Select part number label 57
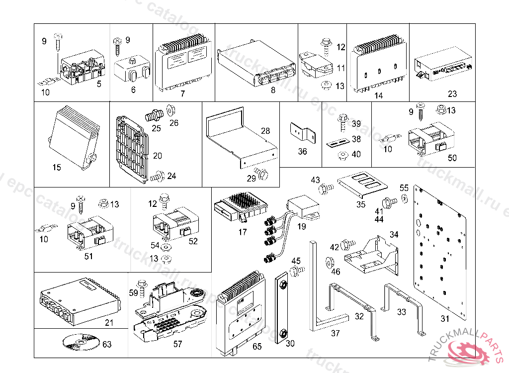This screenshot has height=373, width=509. click(177, 344)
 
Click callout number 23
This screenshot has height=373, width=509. click(452, 93)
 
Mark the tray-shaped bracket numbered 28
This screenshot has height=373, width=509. click(241, 137)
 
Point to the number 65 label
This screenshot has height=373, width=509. click(257, 346)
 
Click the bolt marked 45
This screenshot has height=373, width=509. click(298, 270)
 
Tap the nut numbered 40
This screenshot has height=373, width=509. click(342, 156)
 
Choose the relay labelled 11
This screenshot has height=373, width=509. click(313, 65)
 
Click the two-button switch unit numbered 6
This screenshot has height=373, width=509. click(133, 70)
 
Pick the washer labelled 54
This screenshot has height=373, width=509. click(167, 247)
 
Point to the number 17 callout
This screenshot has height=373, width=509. click(243, 232)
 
